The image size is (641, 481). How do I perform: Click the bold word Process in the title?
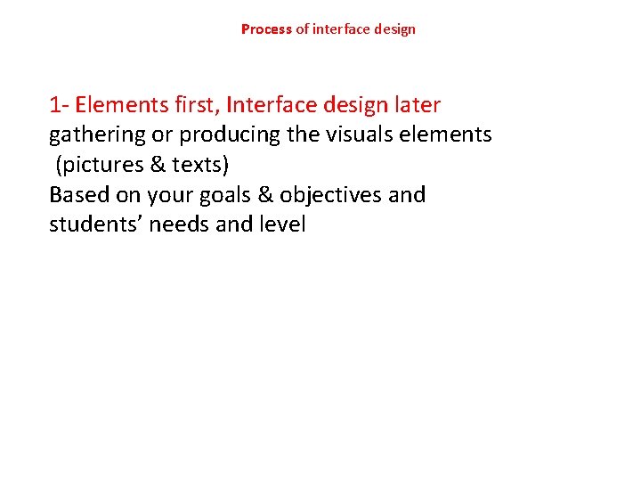266,29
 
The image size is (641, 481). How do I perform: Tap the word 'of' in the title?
302,29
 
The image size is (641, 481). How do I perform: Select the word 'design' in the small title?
394,29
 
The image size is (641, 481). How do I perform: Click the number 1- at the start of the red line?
59,105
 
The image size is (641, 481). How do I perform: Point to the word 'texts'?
197,166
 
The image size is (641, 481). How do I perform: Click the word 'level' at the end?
283,224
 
